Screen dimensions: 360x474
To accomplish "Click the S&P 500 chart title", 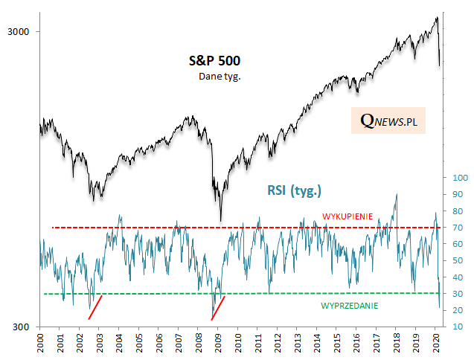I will [x=213, y=61].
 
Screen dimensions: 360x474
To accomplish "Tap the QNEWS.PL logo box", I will [x=388, y=119].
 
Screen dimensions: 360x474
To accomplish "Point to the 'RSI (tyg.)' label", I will [x=294, y=190].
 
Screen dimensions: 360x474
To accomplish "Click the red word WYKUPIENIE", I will [x=347, y=216].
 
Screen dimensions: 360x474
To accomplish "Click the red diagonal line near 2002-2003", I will [x=95, y=307].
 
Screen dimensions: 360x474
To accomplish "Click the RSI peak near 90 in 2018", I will [x=396, y=195].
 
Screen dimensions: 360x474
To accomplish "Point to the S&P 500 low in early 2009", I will [x=220, y=220].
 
